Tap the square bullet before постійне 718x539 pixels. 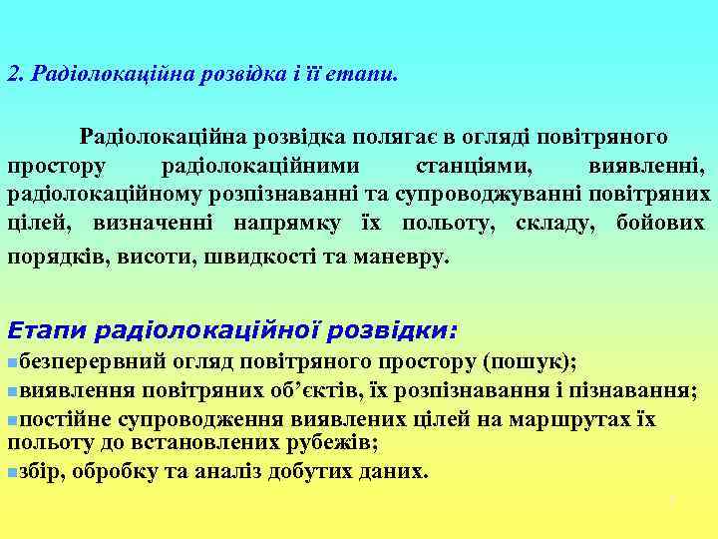(12, 420)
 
